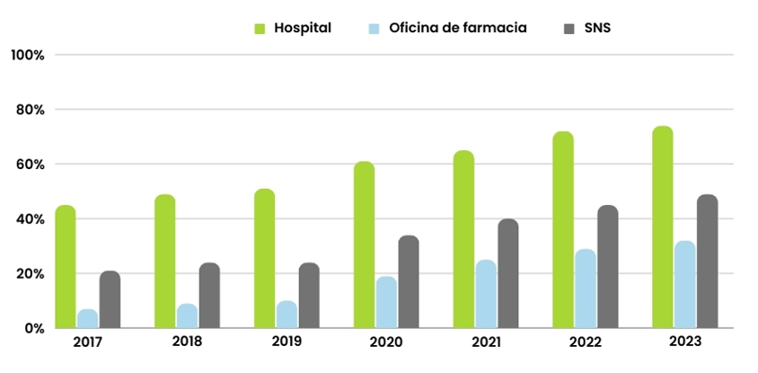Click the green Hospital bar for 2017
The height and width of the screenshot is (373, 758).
(66, 267)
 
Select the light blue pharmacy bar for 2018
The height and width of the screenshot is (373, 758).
(187, 316)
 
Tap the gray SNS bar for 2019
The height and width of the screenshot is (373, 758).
(309, 296)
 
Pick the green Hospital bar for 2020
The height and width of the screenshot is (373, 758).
(365, 244)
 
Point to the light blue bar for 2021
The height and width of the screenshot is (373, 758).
(486, 294)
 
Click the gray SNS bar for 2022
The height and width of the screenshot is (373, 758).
(608, 267)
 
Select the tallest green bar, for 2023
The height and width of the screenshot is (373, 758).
(663, 227)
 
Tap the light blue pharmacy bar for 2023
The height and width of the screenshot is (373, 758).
(684, 285)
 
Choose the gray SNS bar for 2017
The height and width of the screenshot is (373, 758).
(110, 299)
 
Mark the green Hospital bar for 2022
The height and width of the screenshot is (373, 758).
(563, 230)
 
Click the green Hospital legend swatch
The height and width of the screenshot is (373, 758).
(260, 29)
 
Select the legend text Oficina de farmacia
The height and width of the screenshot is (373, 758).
(458, 28)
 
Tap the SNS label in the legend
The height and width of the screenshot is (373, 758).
(596, 28)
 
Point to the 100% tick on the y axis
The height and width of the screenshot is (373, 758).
(28, 55)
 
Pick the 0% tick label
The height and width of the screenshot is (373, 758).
(34, 329)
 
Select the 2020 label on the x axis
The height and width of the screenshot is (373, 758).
(386, 342)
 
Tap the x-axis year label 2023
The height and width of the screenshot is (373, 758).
(685, 342)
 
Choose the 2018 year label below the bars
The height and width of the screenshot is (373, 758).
(187, 342)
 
